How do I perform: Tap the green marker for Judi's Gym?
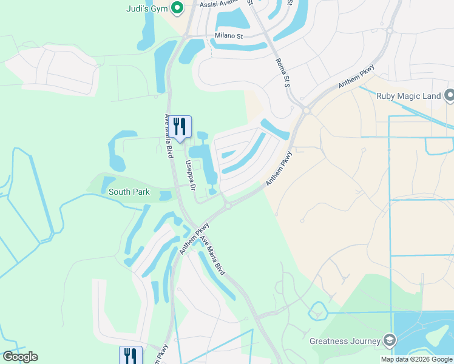pyautogui.click(x=177, y=8)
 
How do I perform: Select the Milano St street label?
pyautogui.click(x=229, y=36)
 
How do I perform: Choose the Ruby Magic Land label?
pyautogui.click(x=408, y=96)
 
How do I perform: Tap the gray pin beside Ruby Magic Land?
pyautogui.click(x=449, y=96)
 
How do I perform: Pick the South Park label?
pyautogui.click(x=129, y=192)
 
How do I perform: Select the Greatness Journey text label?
pyautogui.click(x=344, y=340)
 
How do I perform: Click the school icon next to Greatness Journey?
pyautogui.click(x=388, y=340)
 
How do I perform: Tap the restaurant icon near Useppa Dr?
pyautogui.click(x=179, y=126)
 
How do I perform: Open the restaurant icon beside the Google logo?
pyautogui.click(x=130, y=355)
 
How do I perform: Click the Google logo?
pyautogui.click(x=20, y=357)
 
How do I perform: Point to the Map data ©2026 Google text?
pyautogui.click(x=416, y=359)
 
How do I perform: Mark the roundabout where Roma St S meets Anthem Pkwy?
pyautogui.click(x=307, y=110)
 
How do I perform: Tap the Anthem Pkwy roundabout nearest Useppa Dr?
pyautogui.click(x=228, y=206)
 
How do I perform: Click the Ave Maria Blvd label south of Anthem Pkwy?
pyautogui.click(x=213, y=255)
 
